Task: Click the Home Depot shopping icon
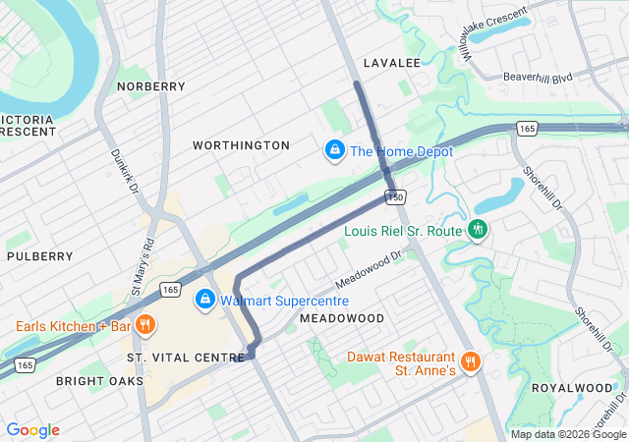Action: point(334,151)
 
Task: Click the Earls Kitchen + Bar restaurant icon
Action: point(145,325)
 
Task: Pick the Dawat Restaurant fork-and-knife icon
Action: point(470,361)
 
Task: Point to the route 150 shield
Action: point(395,197)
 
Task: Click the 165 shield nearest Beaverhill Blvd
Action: point(528,129)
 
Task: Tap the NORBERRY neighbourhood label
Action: point(150,86)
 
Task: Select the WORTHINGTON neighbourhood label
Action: point(241,145)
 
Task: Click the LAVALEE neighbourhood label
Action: point(391,63)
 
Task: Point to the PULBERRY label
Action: point(39,256)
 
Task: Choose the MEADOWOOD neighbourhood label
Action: point(342,319)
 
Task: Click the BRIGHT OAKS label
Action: point(99,381)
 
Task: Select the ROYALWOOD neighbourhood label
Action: point(572,388)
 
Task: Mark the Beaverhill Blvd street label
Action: point(537,77)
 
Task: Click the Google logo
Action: point(33,430)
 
